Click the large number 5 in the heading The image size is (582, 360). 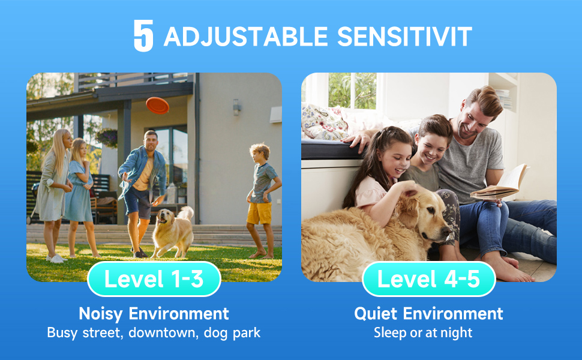coord(143,35)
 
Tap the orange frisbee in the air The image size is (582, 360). coord(157,106)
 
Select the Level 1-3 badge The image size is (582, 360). coord(154,279)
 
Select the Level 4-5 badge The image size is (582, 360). coord(429,279)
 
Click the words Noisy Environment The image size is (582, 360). coord(154,314)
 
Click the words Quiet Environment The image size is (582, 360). coord(429,314)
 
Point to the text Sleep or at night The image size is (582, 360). coord(423,332)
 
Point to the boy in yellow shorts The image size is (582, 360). coord(263,200)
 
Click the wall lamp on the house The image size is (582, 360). coord(236,107)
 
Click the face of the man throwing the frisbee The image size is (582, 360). coord(151,142)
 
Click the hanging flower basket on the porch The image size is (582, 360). coord(107,137)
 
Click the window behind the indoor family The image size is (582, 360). coord(352,91)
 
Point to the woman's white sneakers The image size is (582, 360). coord(56,259)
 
